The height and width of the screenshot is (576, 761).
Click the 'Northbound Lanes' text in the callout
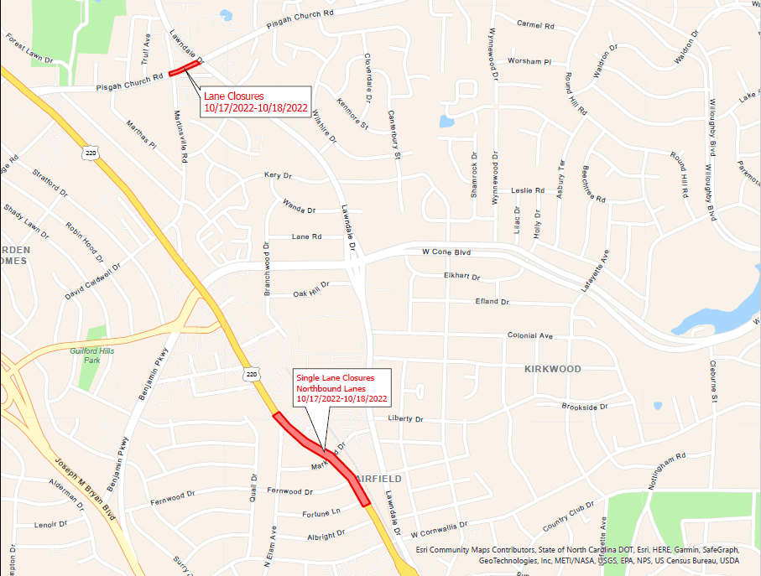click(x=331, y=389)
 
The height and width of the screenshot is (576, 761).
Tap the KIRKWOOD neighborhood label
click(x=552, y=369)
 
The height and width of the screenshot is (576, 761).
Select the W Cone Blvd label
click(x=446, y=252)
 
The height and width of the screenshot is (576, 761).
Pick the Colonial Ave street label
click(x=530, y=335)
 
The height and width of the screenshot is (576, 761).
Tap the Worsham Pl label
click(x=529, y=62)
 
